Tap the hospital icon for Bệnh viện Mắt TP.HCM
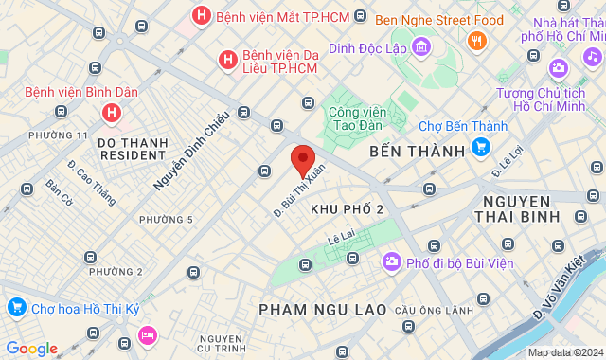(201, 16)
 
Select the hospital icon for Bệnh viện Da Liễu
(227, 60)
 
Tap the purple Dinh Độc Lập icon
(421, 48)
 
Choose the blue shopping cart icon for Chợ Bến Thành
(481, 147)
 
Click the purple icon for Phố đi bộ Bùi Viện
(391, 261)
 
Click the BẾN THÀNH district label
(418, 151)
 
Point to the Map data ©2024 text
(563, 352)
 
